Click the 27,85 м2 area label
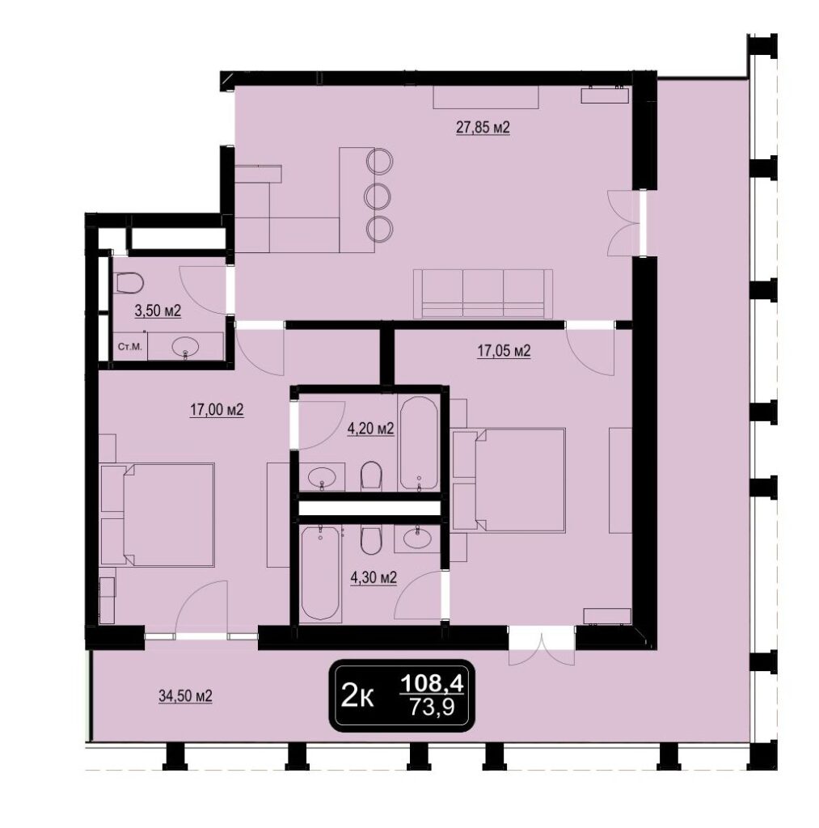483,128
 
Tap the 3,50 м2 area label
158,311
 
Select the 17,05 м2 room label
504,351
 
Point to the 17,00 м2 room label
217,410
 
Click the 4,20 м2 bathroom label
370,429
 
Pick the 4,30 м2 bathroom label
374,578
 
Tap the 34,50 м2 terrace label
185,696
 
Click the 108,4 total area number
432,684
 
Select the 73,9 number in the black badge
433,707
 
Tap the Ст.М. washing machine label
129,347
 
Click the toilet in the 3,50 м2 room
129,282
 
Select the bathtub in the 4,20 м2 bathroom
418,442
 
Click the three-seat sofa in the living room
483,294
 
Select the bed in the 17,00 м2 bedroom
158,515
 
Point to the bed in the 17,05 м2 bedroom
509,480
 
